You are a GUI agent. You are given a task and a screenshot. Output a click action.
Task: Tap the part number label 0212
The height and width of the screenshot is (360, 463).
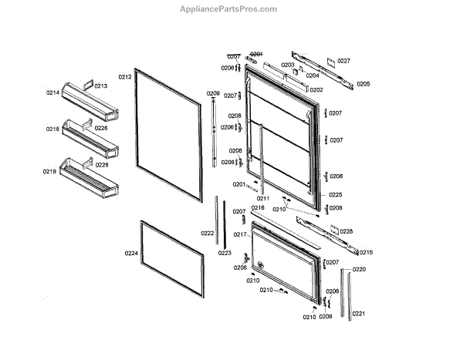125,77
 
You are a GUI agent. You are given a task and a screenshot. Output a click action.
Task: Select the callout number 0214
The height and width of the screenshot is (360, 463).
52,93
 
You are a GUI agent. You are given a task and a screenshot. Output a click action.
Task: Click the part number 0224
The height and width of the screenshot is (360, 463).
131,252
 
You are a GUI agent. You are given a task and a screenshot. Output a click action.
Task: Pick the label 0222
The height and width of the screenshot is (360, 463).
208,233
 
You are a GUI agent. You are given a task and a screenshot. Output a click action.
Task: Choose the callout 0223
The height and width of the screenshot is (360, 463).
225,253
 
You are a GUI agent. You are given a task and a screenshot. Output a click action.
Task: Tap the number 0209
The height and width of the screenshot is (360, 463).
213,93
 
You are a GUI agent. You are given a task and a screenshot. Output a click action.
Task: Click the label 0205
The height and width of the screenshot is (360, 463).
363,83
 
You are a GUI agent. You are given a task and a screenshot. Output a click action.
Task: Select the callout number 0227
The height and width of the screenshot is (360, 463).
343,60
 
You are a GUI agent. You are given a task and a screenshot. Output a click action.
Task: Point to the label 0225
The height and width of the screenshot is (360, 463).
335,194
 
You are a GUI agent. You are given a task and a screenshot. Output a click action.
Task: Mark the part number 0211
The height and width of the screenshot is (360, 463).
263,199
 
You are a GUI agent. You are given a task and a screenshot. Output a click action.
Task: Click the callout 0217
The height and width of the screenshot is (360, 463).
240,234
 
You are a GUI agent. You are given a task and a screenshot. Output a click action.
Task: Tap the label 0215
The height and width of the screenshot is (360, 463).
366,252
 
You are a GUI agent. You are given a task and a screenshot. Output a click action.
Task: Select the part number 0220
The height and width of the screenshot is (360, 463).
359,269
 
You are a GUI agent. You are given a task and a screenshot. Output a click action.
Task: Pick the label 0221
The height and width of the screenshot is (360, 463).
359,314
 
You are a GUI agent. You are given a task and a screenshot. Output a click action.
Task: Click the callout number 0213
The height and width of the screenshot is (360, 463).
101,86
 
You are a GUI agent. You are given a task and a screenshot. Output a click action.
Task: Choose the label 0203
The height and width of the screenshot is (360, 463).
287,65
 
